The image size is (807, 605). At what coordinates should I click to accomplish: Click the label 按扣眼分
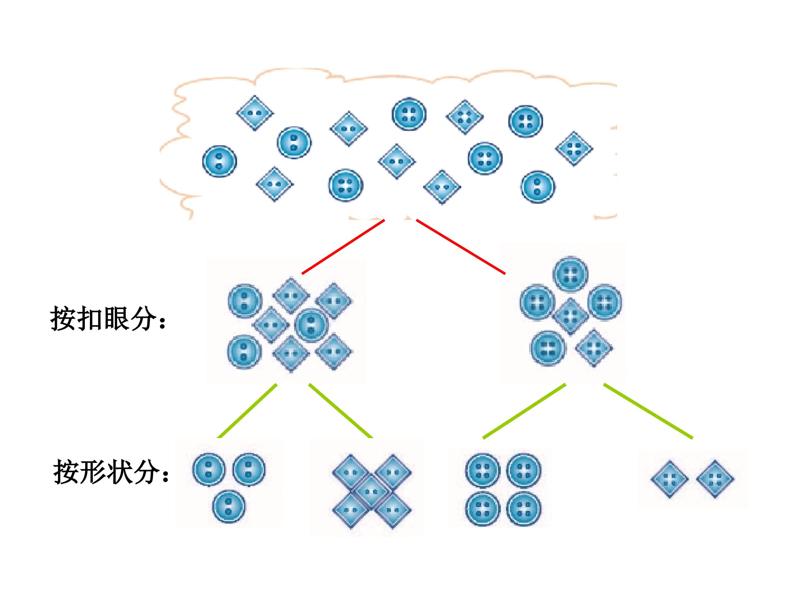point(108,319)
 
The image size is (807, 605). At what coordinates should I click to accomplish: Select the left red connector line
point(343,246)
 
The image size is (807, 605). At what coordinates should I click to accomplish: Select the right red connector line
point(461,246)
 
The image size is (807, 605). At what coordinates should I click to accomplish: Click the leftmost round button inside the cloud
point(219,161)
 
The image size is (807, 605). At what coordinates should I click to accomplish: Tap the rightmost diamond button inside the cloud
point(574,149)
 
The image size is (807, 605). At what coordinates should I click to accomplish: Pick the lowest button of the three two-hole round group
point(229,506)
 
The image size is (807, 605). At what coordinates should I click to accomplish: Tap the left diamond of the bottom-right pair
point(669,479)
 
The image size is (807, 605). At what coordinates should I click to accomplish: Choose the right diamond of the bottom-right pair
point(715,479)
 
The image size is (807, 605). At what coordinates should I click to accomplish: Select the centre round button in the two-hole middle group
point(311,325)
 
